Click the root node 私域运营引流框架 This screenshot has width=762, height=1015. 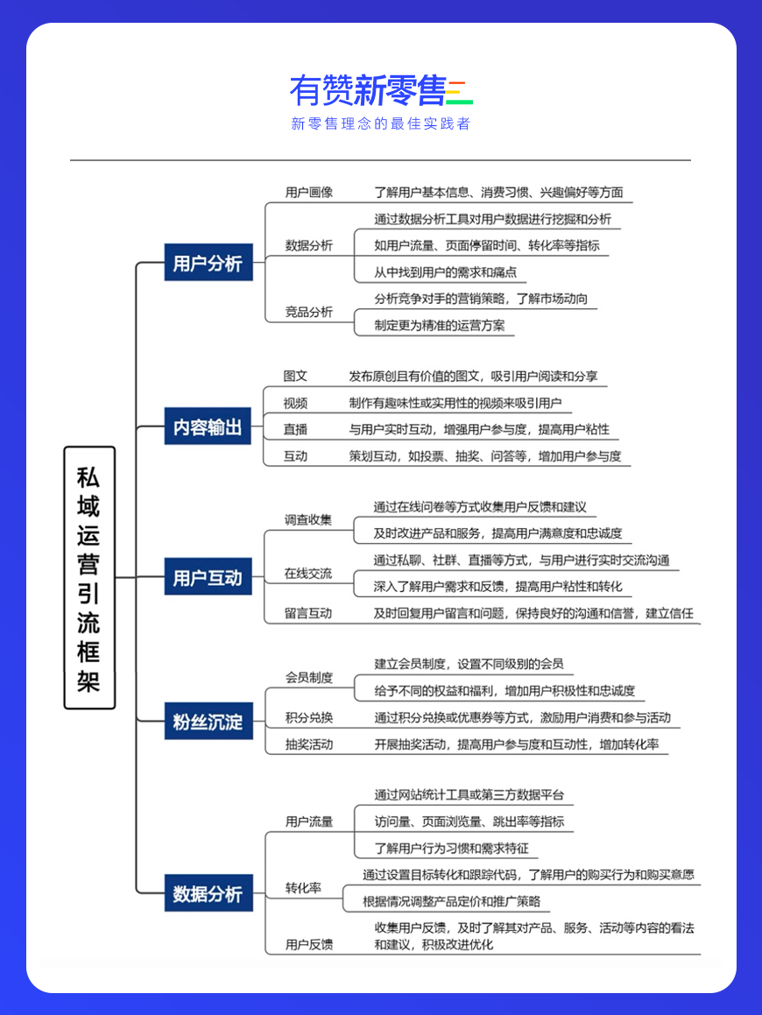(x=89, y=577)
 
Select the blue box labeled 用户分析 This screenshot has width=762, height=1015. (x=208, y=262)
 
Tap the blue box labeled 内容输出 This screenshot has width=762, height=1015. (x=208, y=426)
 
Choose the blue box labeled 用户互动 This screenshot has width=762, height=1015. (x=208, y=576)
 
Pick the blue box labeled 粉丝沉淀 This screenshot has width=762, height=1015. (x=208, y=721)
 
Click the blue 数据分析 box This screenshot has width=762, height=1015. (x=208, y=892)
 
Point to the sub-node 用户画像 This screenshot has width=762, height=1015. (x=309, y=193)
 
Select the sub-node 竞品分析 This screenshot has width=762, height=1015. (x=309, y=312)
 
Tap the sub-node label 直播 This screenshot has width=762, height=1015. (x=295, y=429)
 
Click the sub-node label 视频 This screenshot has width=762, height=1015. (x=295, y=403)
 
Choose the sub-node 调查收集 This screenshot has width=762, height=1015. (x=308, y=520)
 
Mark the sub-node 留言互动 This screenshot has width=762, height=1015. (x=308, y=613)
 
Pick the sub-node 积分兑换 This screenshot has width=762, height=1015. (x=309, y=717)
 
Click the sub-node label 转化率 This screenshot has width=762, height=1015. (x=303, y=887)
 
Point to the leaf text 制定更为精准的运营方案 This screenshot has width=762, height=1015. (x=440, y=325)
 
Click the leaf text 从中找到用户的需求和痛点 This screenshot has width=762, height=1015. (x=446, y=271)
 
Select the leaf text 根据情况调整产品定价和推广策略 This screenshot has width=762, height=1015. (x=451, y=901)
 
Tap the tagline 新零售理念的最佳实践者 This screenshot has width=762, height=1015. (x=381, y=123)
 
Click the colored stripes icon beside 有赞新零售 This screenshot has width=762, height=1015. (x=460, y=92)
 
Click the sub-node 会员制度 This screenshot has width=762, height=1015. (x=309, y=678)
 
